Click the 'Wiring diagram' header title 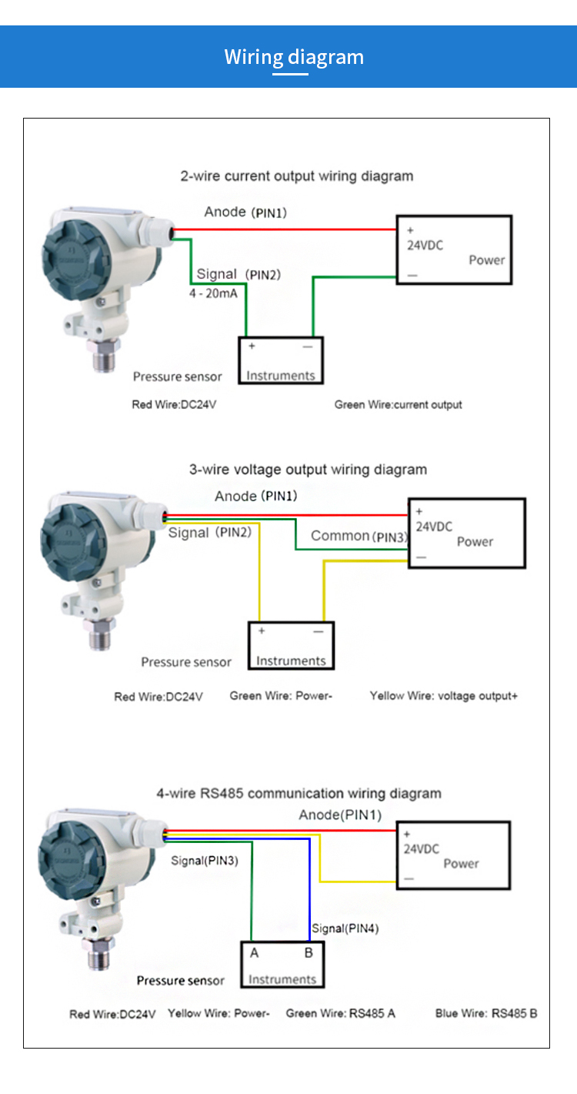point(294,57)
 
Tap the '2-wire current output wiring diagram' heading point(296,176)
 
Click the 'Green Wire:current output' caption point(398,404)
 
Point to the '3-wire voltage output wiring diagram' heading point(308,470)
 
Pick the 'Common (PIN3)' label point(359,536)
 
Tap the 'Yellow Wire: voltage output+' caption point(443,696)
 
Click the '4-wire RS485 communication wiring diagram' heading point(299,794)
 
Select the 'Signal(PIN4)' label point(345,928)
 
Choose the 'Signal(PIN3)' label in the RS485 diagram point(205,861)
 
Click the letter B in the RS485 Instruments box point(309,953)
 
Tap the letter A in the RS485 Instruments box point(255,953)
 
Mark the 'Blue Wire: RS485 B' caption point(485,1013)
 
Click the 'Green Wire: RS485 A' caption point(340,1013)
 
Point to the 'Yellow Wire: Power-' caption point(218,1013)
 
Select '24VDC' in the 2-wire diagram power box point(425,246)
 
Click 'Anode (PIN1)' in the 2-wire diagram point(245,212)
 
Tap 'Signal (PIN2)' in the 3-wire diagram point(209,533)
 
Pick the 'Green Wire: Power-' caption point(280,696)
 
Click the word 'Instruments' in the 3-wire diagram point(291,661)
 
